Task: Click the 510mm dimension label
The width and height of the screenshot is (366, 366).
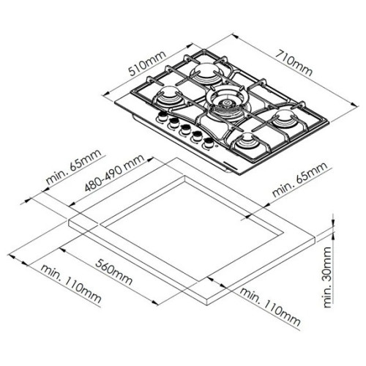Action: pyautogui.click(x=147, y=63)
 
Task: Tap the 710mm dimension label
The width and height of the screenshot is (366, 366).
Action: pyautogui.click(x=294, y=63)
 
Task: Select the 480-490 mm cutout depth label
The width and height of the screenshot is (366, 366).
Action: pyautogui.click(x=114, y=173)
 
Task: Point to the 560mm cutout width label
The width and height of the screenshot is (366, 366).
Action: pyautogui.click(x=114, y=272)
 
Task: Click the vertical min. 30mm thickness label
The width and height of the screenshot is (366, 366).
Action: pyautogui.click(x=327, y=277)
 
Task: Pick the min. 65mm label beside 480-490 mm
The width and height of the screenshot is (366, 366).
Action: pyautogui.click(x=74, y=167)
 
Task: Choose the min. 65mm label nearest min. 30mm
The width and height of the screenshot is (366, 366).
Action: pyautogui.click(x=300, y=179)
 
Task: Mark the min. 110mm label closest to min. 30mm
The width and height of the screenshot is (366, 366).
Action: pyautogui.click(x=270, y=307)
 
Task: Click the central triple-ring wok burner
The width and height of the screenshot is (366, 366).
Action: pyautogui.click(x=225, y=102)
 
